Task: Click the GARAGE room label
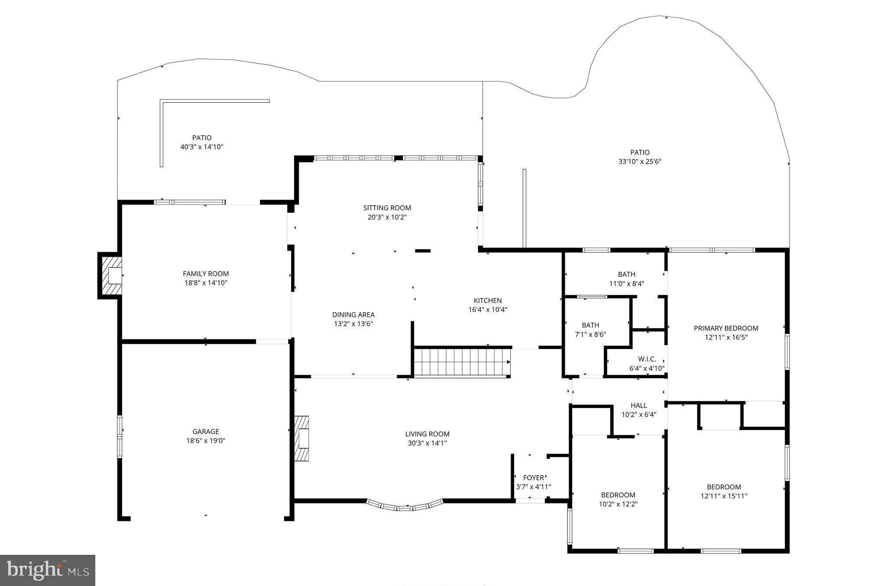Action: (206, 431)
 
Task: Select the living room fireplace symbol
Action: (302, 438)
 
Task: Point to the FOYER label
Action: (534, 478)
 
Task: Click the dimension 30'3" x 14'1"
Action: (427, 443)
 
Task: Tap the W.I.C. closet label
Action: (647, 359)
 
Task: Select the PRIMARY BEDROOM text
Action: (726, 328)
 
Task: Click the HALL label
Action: (639, 405)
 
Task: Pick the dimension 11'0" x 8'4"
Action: (626, 284)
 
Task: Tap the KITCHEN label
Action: (488, 301)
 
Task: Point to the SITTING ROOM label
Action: (387, 208)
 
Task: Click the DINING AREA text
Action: (353, 315)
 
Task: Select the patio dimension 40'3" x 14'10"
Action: (202, 147)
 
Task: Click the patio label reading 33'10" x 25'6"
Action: (640, 162)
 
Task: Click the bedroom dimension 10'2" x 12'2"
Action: (618, 504)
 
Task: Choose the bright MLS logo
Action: (48, 570)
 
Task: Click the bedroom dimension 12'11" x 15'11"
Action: (724, 496)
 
